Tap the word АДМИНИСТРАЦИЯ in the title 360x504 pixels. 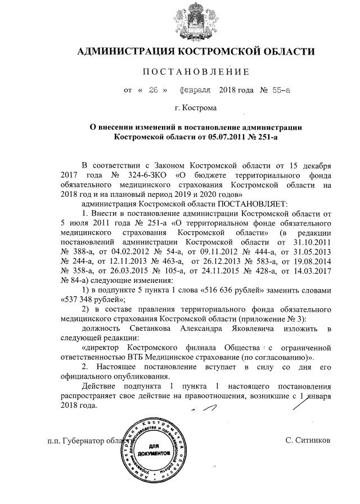(125, 52)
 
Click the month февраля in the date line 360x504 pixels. (195, 90)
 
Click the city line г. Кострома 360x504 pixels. (195, 107)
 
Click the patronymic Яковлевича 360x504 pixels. (270, 328)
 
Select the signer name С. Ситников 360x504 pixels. (308, 439)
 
